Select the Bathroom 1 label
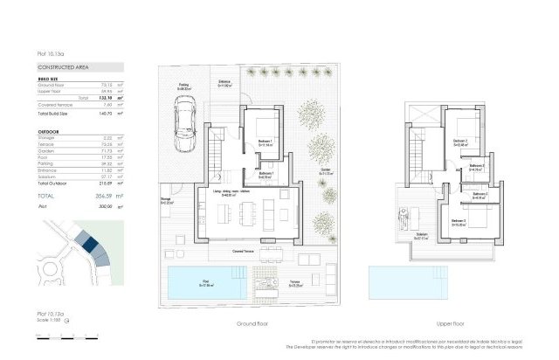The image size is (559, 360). click(267, 175)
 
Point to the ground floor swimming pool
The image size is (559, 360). click(208, 282)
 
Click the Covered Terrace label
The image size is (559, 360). click(256, 248)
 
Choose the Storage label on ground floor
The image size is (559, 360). click(166, 201)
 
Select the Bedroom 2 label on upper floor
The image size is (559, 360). click(461, 142)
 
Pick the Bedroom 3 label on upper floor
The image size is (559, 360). click(459, 222)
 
